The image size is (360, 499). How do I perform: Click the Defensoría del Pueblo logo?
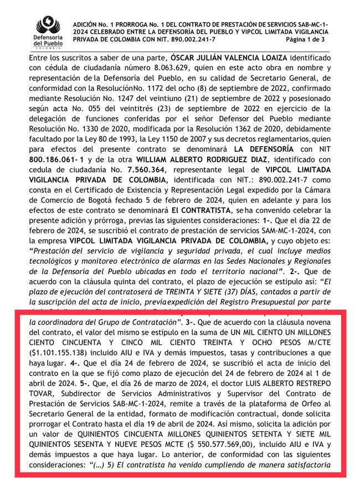pyautogui.click(x=48, y=32)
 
